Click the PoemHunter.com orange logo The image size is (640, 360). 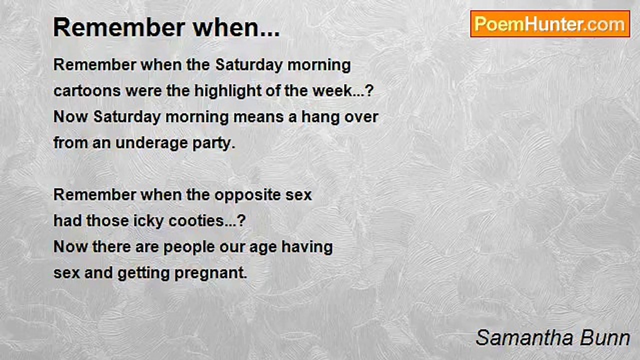550,24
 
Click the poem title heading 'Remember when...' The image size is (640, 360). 166,27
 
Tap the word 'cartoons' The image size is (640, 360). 87,91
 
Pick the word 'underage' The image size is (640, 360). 151,143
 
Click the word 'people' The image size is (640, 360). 189,247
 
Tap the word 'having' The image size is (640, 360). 307,247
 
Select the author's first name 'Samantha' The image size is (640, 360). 525,338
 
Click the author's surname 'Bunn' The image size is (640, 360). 605,338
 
